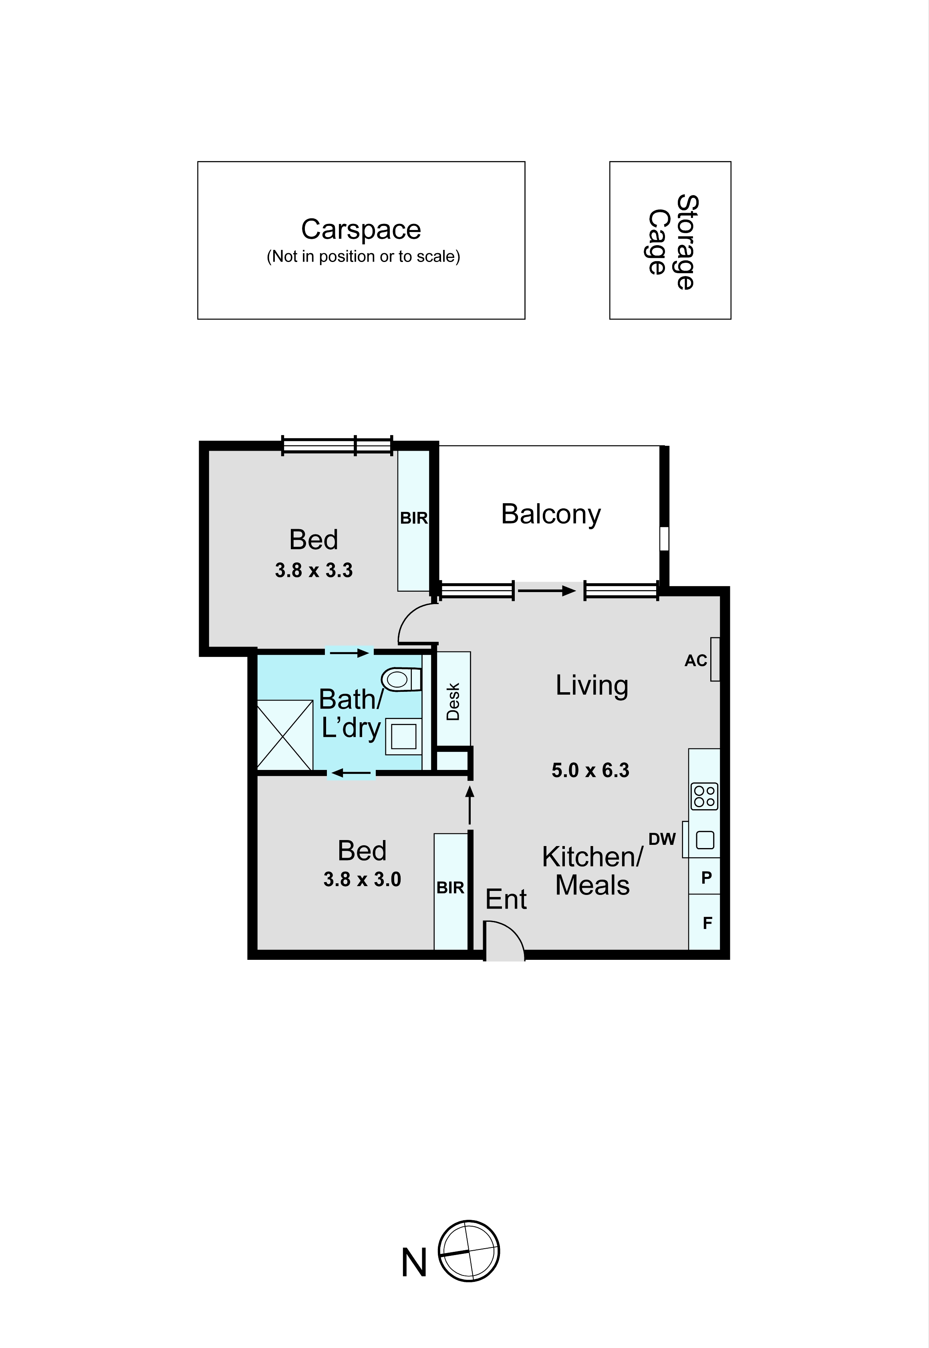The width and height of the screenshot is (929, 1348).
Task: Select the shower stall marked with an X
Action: [285, 735]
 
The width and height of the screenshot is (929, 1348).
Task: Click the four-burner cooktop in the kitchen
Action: [704, 796]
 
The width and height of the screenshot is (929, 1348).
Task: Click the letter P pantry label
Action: [707, 878]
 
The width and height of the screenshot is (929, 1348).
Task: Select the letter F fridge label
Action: [707, 923]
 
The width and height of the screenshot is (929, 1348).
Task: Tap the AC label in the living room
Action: [695, 661]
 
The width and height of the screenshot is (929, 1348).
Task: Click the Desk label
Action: [453, 701]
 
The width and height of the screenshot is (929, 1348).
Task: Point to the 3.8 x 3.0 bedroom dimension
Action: [362, 879]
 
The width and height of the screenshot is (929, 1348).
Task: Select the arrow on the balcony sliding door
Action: [546, 591]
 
